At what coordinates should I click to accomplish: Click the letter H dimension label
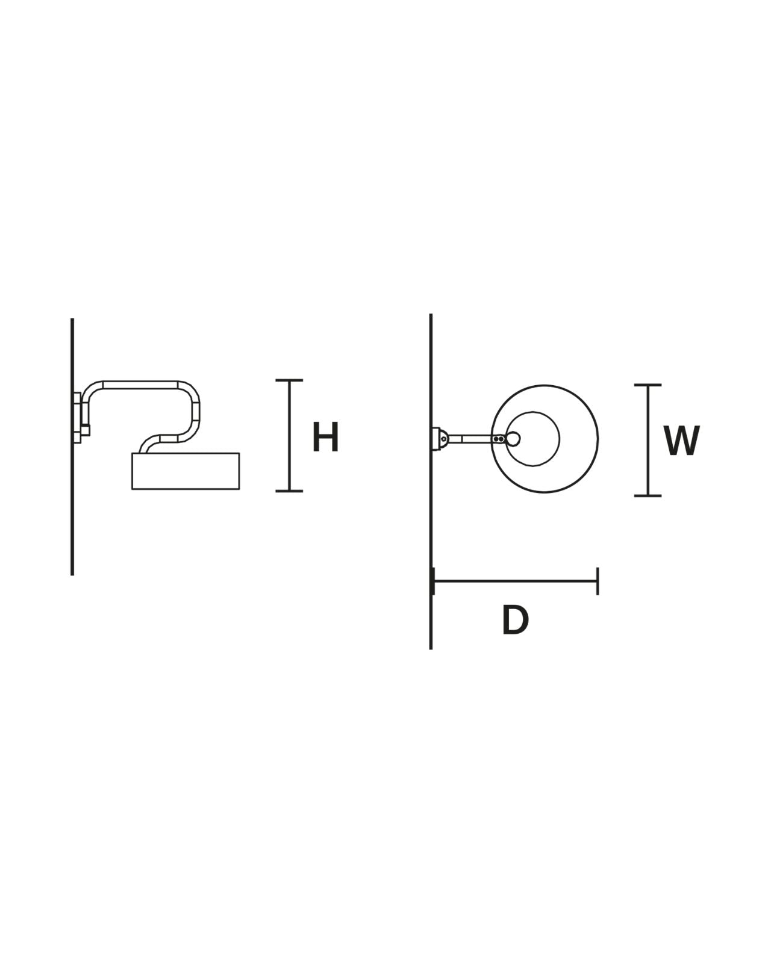tap(325, 436)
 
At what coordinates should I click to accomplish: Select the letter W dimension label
tap(682, 441)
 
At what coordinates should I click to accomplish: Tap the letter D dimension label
tap(515, 619)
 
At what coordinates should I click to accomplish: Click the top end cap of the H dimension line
tap(289, 380)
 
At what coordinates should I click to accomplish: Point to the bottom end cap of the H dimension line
tap(289, 491)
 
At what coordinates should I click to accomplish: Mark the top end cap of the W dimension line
tap(648, 385)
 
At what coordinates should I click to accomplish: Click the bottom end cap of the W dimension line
tap(648, 496)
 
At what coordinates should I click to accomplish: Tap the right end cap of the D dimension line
tap(598, 581)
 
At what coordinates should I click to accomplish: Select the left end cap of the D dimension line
tap(432, 581)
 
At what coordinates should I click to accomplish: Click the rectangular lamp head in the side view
tap(186, 471)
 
